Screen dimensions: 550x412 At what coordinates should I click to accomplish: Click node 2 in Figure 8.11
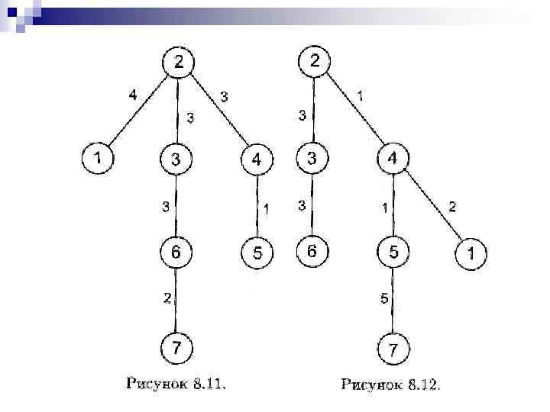pos(178,63)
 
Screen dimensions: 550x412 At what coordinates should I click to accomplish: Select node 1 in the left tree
pos(97,159)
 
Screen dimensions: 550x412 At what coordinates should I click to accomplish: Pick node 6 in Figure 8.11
pos(176,253)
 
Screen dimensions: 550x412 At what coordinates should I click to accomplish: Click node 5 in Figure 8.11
pos(257,253)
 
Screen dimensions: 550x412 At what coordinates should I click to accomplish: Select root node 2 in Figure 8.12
pos(315,61)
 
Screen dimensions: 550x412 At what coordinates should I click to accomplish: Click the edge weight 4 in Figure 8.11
pos(133,95)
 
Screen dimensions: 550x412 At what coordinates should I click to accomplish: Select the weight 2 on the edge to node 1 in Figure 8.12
pos(452,206)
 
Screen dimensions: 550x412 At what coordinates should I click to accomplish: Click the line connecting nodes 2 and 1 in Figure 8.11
pos(138,111)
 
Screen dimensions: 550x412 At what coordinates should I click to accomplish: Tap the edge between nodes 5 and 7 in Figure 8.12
pos(393,301)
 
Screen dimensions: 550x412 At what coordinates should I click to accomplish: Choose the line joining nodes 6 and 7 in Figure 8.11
pos(177,301)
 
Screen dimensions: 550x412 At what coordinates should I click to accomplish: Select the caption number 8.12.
pos(423,383)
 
